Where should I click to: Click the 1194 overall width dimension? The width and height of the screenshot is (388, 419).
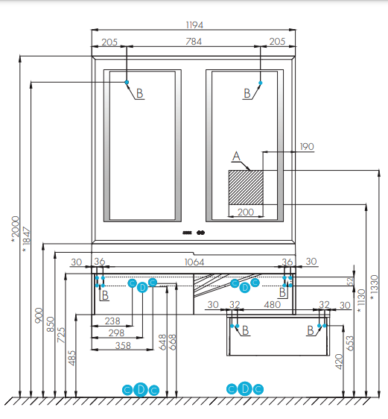pyautogui.click(x=194, y=25)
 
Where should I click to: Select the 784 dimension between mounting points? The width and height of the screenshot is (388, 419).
pyautogui.click(x=194, y=42)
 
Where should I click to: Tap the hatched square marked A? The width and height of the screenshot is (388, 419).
pyautogui.click(x=246, y=187)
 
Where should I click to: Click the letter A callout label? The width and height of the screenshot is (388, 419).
pyautogui.click(x=236, y=157)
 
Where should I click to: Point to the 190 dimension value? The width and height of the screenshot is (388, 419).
pyautogui.click(x=307, y=147)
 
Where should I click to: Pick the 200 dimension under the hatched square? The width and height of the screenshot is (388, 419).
pyautogui.click(x=246, y=212)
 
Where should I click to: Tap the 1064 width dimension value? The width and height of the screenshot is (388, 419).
pyautogui.click(x=194, y=262)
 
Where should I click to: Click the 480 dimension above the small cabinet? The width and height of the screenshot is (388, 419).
pyautogui.click(x=272, y=305)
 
